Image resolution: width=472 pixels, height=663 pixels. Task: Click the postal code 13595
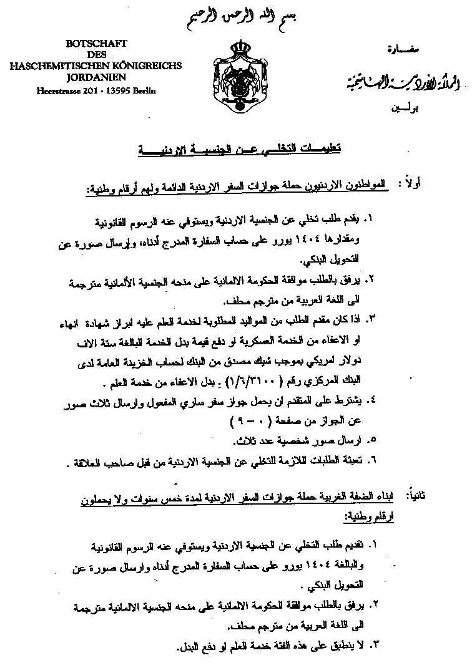(117, 90)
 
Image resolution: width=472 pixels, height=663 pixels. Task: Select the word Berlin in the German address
(144, 90)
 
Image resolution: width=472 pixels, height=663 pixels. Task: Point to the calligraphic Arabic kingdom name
(395, 81)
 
